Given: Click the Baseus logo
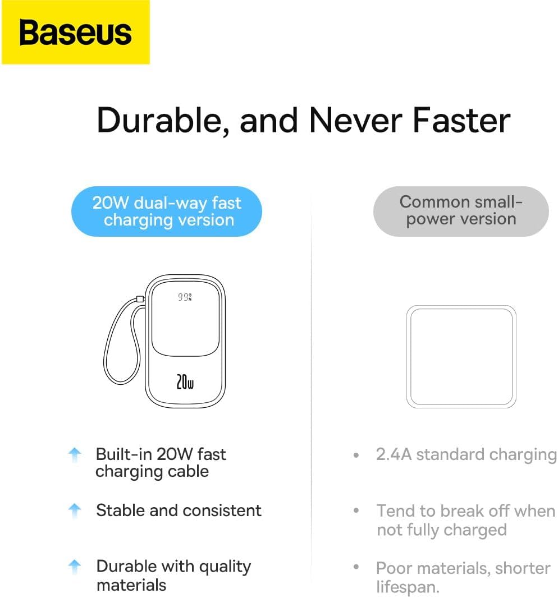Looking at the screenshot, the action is click(76, 33).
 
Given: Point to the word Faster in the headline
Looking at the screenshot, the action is click(461, 120).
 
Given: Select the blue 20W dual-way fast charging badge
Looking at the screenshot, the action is click(167, 211).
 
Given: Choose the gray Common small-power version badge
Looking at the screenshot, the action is click(461, 211).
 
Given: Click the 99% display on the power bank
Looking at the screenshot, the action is click(185, 297).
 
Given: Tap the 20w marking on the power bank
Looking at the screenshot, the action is click(185, 381).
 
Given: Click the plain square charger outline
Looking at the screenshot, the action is click(408, 357).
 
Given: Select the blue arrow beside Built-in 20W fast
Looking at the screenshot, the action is click(75, 454).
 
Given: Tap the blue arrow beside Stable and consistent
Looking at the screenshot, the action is click(75, 510).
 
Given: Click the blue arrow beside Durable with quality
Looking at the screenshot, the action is click(75, 567).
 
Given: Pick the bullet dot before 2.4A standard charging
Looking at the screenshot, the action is click(356, 455).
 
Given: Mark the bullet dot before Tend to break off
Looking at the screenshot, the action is click(356, 510).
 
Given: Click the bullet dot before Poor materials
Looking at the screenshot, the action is click(356, 567).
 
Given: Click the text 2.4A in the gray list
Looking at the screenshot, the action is click(394, 454).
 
